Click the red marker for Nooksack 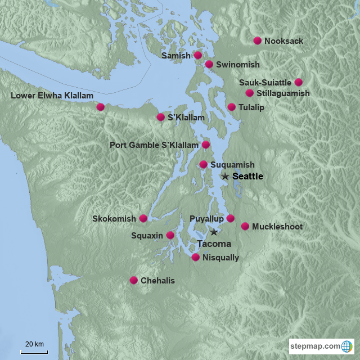258,40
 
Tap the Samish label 175,56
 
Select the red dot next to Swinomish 209,64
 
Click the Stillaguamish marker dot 249,93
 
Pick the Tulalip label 251,107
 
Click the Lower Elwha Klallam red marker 100,107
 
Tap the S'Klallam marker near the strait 160,117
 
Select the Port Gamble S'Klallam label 154,145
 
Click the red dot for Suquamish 203,164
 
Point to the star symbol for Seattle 225,176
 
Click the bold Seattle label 247,176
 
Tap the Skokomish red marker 143,218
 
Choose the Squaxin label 147,235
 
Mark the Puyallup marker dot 230,218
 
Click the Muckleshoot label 277,227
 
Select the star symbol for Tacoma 214,232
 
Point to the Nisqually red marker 195,258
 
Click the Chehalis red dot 134,280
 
